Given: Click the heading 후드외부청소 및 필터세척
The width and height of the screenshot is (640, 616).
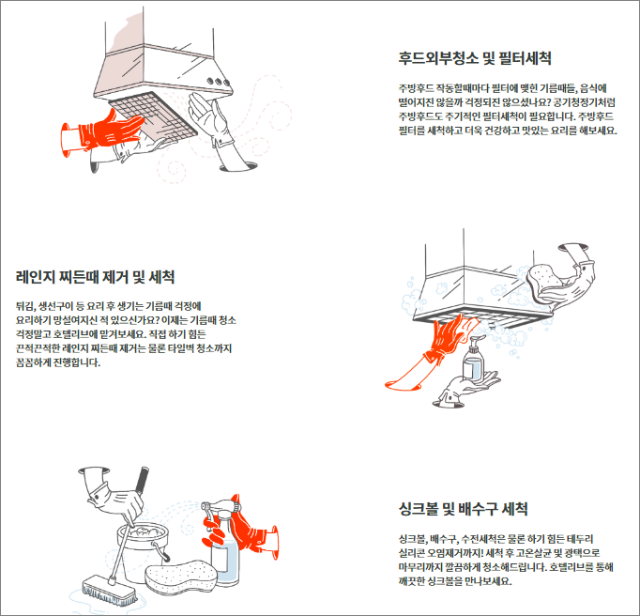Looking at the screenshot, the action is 475,58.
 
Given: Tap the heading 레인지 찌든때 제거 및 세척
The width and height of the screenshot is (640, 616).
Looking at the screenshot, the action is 95,277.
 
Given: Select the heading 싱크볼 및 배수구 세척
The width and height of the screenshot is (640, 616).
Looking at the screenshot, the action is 464,509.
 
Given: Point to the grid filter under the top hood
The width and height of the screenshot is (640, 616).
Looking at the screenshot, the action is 153,115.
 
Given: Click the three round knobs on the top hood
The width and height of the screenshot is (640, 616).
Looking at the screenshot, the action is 218,82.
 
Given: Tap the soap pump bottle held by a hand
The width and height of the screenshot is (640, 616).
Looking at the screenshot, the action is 474,359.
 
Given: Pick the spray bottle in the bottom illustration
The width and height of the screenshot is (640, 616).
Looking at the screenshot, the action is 223,539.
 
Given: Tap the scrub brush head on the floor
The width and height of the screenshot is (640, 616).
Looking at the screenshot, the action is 110,591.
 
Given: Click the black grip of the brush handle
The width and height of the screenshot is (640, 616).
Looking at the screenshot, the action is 142,479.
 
